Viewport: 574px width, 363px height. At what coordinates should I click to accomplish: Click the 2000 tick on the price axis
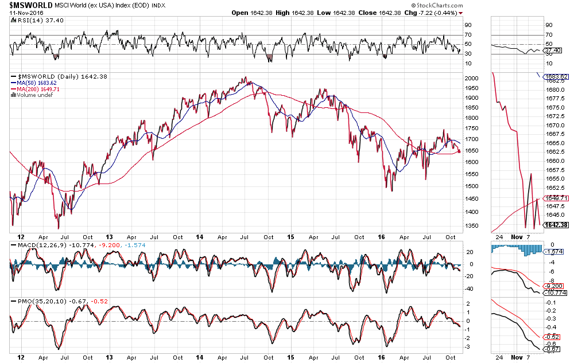[x=472, y=78]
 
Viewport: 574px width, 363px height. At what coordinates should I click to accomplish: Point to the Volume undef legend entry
[x=33, y=95]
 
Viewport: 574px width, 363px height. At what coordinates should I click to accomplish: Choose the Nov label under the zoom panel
[x=517, y=357]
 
